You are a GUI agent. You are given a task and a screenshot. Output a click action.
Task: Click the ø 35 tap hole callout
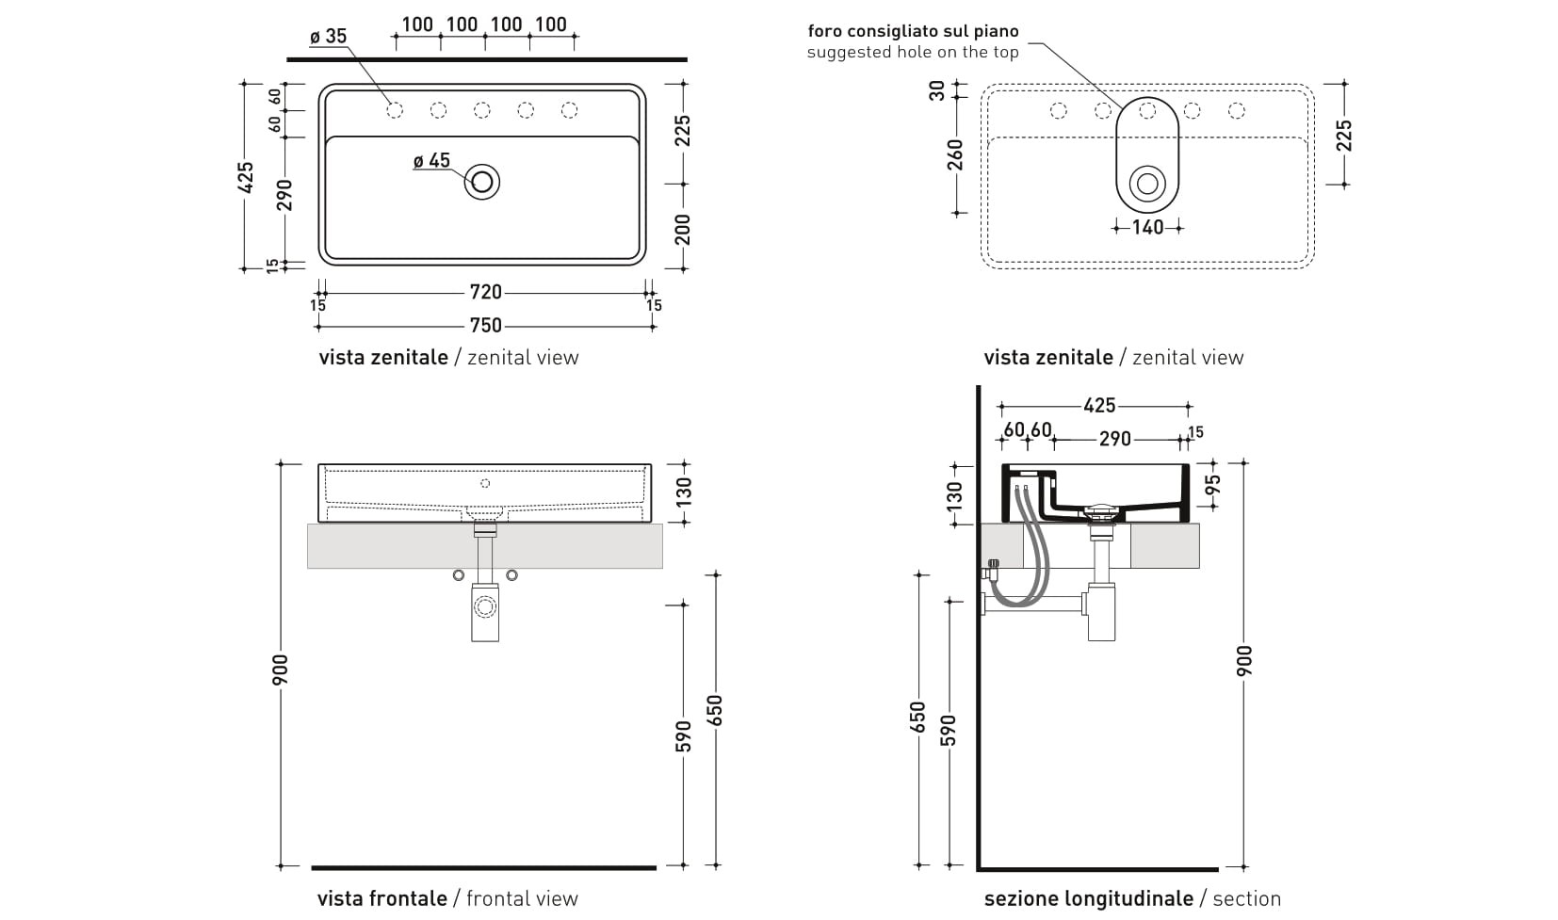tap(329, 37)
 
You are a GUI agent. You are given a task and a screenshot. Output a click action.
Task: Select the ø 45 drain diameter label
tap(431, 161)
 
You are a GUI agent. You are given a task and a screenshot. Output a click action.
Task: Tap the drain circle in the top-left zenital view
tap(482, 182)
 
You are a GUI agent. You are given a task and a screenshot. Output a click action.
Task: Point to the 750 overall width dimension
tap(485, 326)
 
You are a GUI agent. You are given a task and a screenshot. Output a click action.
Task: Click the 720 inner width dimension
tap(485, 293)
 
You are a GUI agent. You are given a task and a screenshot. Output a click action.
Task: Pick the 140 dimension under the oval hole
tap(1147, 227)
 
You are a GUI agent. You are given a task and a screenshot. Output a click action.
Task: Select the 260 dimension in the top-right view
tap(956, 154)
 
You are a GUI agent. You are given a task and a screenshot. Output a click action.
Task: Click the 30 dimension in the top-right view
tap(937, 90)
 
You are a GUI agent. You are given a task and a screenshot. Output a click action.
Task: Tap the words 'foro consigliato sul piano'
tap(913, 31)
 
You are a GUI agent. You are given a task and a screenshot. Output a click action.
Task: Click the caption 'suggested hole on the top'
tap(913, 53)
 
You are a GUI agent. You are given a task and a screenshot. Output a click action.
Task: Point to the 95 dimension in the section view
tap(1213, 485)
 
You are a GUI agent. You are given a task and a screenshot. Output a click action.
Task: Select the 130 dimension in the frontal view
tap(684, 490)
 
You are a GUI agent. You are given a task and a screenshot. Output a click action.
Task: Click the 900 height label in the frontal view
tap(282, 669)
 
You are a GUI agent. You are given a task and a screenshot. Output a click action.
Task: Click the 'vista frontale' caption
tap(382, 898)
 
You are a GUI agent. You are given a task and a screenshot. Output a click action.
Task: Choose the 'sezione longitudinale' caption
tap(1088, 898)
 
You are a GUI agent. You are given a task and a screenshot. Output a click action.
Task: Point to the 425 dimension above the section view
tap(1099, 406)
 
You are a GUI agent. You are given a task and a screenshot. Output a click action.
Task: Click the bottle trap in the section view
tap(1101, 612)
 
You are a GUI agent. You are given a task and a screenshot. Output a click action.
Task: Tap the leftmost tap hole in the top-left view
tap(396, 110)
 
